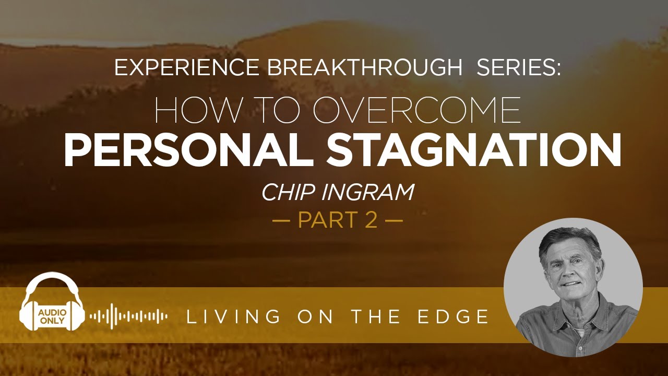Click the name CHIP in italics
tap(286, 193)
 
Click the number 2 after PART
tap(371, 220)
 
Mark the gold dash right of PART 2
tap(394, 220)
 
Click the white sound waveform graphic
tap(128, 316)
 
